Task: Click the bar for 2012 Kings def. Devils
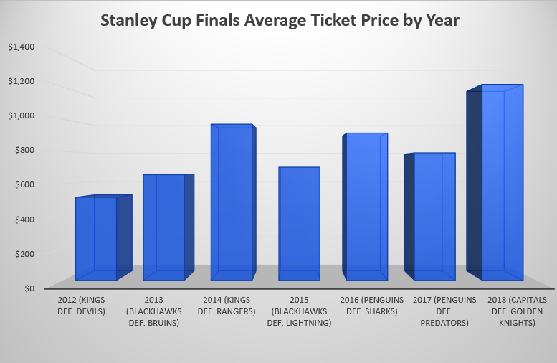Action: coord(96,238)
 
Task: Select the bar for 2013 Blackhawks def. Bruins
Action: coord(164,227)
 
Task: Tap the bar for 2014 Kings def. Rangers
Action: coord(232,203)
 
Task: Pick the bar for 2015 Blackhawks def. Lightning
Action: coord(299,224)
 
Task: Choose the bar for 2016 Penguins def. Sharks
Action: coord(366,207)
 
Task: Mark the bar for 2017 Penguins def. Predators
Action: coord(434,217)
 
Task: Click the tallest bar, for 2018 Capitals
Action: coord(502,183)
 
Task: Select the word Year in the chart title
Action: coord(439,21)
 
